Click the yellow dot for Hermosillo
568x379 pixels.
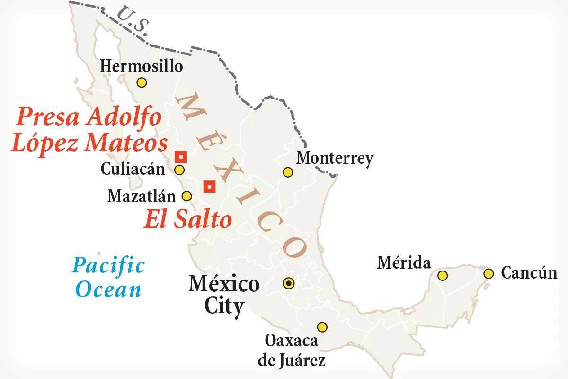(x=141, y=82)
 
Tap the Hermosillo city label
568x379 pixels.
(x=141, y=66)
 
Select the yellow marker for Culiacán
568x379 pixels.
(x=179, y=170)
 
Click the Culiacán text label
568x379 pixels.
(x=133, y=169)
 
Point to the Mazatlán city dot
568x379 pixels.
(x=187, y=196)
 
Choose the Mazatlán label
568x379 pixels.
(x=142, y=196)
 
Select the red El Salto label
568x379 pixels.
(x=188, y=219)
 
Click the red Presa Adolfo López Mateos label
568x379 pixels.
(x=89, y=129)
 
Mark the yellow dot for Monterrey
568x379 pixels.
(x=287, y=172)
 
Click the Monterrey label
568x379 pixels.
(x=335, y=158)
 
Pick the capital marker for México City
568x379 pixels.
(x=288, y=283)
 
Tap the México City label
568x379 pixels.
(x=224, y=295)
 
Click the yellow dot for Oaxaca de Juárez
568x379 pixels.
(x=322, y=327)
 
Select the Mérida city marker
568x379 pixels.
(x=443, y=275)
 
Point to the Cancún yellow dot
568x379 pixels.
(x=488, y=273)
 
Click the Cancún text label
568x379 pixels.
(x=529, y=273)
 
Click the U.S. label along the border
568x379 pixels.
(x=133, y=19)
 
